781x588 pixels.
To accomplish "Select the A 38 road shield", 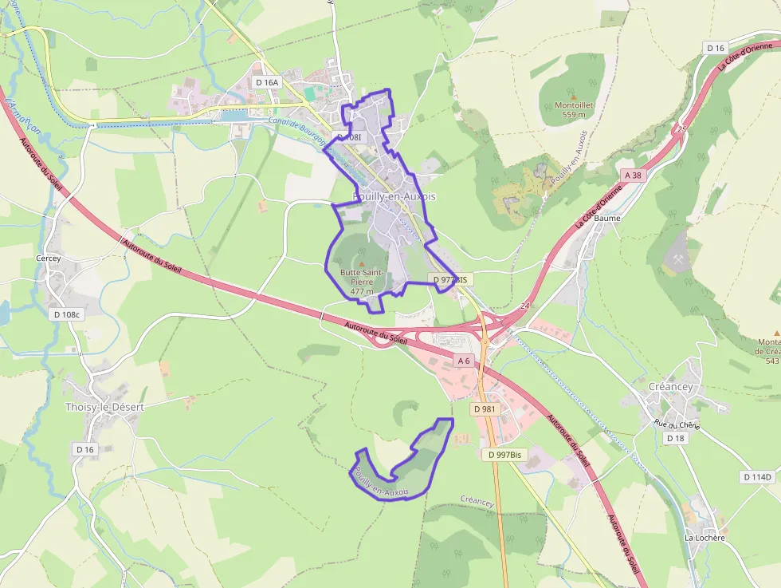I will click(633, 175).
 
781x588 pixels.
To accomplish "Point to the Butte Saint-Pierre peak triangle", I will click(361, 263).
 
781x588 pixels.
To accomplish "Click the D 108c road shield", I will click(67, 314).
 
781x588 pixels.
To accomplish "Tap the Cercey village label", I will click(48, 258).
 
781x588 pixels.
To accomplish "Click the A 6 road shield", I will click(464, 361).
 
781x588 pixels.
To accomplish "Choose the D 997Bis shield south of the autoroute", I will click(505, 454).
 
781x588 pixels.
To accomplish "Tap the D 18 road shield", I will click(675, 438).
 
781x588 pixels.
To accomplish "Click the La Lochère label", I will click(705, 538).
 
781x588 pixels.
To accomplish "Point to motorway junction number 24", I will click(524, 306).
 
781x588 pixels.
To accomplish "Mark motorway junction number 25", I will click(681, 128).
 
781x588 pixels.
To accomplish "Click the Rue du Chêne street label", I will click(677, 424).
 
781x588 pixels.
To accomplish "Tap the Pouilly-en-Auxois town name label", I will click(394, 196).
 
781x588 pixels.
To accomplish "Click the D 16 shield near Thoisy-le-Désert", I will click(84, 449).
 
